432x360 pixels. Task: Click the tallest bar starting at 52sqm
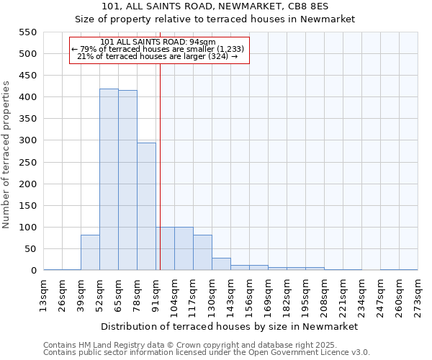pos(109,179)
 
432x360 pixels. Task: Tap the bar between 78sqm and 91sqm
pos(146,207)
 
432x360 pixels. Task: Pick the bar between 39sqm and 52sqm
pos(90,253)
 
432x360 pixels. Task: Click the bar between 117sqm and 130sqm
pos(202,253)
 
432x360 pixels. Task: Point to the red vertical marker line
pos(160,166)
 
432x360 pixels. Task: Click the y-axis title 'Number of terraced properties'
pos(6,155)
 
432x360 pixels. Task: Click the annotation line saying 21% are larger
pos(157,56)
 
